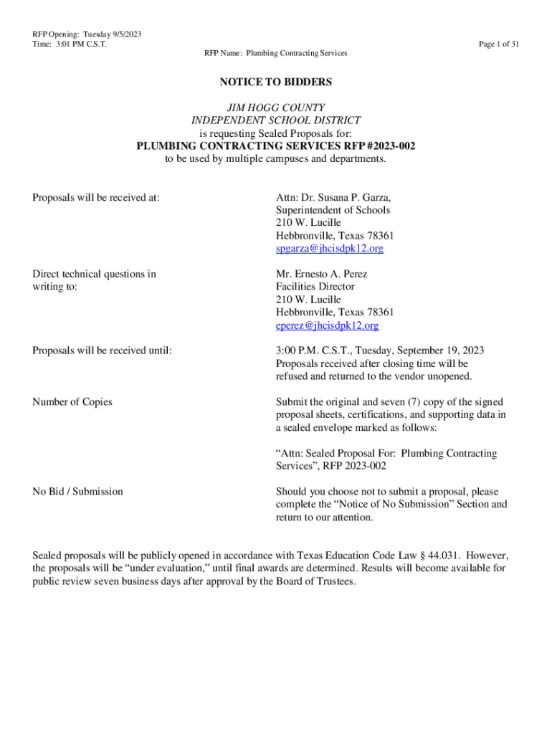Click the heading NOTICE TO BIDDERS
pyautogui.click(x=276, y=82)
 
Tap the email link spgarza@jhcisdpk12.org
pyautogui.click(x=330, y=249)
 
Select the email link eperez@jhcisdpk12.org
pyautogui.click(x=327, y=325)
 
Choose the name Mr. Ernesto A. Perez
pyautogui.click(x=322, y=274)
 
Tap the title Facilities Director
pyautogui.click(x=315, y=287)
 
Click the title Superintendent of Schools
pyautogui.click(x=333, y=211)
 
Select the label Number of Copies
pyautogui.click(x=72, y=402)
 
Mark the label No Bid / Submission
pyautogui.click(x=77, y=492)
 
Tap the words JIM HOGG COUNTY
pyautogui.click(x=276, y=108)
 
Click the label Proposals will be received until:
pyautogui.click(x=103, y=351)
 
